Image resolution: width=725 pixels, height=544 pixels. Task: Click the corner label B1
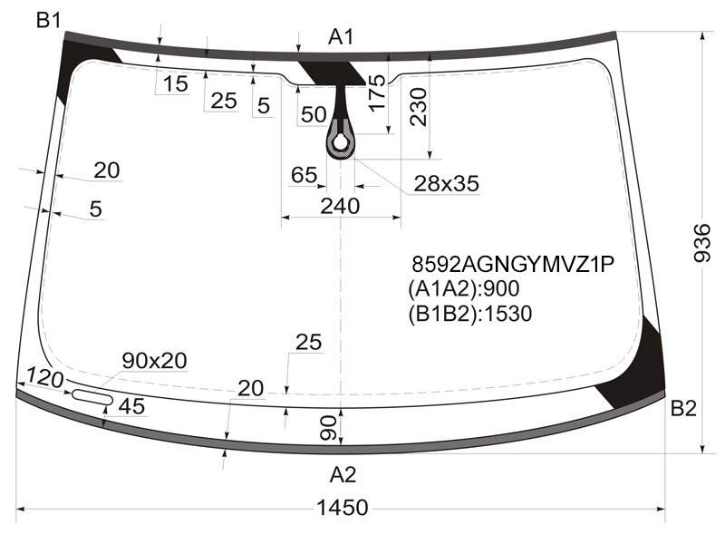pyautogui.click(x=49, y=20)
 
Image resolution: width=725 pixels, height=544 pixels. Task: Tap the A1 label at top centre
pyautogui.click(x=341, y=36)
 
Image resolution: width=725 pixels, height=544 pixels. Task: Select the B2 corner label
pyautogui.click(x=683, y=409)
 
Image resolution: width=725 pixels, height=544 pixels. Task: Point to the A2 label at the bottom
pyautogui.click(x=343, y=475)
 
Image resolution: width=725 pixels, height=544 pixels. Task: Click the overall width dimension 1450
pyautogui.click(x=343, y=508)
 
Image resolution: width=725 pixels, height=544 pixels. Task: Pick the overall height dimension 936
pyautogui.click(x=701, y=243)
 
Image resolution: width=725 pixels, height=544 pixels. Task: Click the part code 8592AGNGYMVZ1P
pyautogui.click(x=513, y=265)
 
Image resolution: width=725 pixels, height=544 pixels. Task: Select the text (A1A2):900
pyautogui.click(x=464, y=288)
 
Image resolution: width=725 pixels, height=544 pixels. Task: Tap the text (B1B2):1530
pyautogui.click(x=469, y=314)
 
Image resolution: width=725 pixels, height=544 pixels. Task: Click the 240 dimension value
pyautogui.click(x=340, y=206)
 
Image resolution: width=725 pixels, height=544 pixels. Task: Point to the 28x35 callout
pyautogui.click(x=446, y=184)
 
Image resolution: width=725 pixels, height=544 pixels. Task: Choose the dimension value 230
pyautogui.click(x=419, y=107)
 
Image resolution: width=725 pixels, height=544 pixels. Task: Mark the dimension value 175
pyautogui.click(x=377, y=92)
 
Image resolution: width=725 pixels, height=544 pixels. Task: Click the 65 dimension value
pyautogui.click(x=304, y=175)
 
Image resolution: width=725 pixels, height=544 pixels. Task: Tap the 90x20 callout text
pyautogui.click(x=154, y=360)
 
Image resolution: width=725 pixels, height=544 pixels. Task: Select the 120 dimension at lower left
pyautogui.click(x=44, y=378)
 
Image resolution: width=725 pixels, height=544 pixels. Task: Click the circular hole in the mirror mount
pyautogui.click(x=341, y=143)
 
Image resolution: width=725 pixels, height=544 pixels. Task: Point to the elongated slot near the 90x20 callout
pyautogui.click(x=92, y=397)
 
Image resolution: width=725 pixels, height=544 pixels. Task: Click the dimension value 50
pyautogui.click(x=314, y=114)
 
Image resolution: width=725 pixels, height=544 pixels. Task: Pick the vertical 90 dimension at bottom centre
pyautogui.click(x=328, y=427)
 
